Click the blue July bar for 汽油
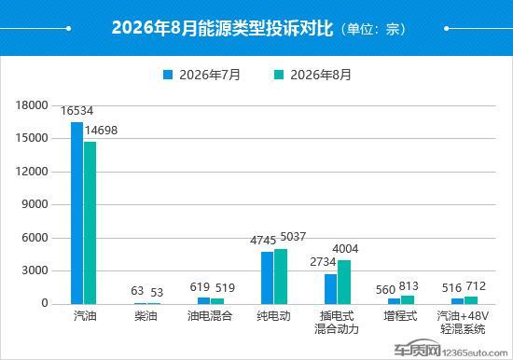click(76, 213)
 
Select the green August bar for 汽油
click(90, 223)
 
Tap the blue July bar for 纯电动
click(268, 278)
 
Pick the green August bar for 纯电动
click(281, 277)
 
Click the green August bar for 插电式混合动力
click(344, 282)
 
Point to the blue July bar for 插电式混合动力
click(331, 289)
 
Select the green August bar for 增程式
click(408, 299)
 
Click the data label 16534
click(76, 111)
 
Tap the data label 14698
click(102, 131)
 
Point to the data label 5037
click(293, 237)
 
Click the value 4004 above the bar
click(345, 249)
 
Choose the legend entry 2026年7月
click(201, 75)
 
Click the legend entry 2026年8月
click(312, 75)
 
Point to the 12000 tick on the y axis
click(32, 172)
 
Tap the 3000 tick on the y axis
click(35, 270)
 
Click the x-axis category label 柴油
click(146, 316)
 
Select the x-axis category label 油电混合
click(210, 316)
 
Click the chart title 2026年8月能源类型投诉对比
click(222, 28)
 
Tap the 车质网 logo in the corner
click(417, 350)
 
